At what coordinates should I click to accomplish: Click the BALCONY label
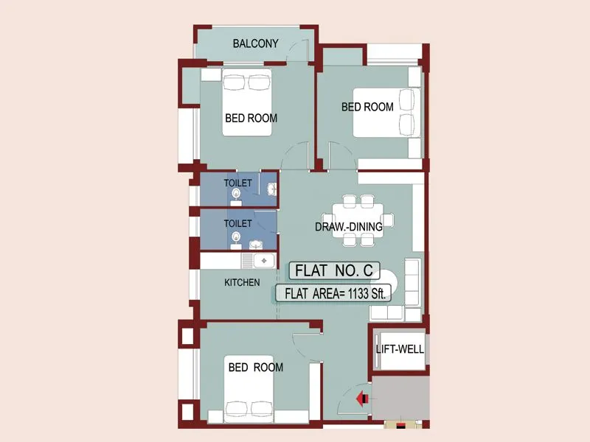point(255,43)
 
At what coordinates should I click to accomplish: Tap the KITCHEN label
point(242,282)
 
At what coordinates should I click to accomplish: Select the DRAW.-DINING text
point(348,227)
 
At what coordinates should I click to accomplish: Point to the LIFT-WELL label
point(400,349)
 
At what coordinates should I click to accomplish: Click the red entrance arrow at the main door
point(362,399)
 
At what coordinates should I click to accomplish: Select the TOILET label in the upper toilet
point(238,183)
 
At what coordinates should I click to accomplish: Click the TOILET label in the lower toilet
point(238,222)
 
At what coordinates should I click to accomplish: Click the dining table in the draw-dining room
point(358,219)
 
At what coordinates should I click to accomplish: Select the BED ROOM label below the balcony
point(251,118)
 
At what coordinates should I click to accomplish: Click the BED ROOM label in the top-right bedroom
point(367,107)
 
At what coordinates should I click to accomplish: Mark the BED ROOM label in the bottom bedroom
point(255,367)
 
